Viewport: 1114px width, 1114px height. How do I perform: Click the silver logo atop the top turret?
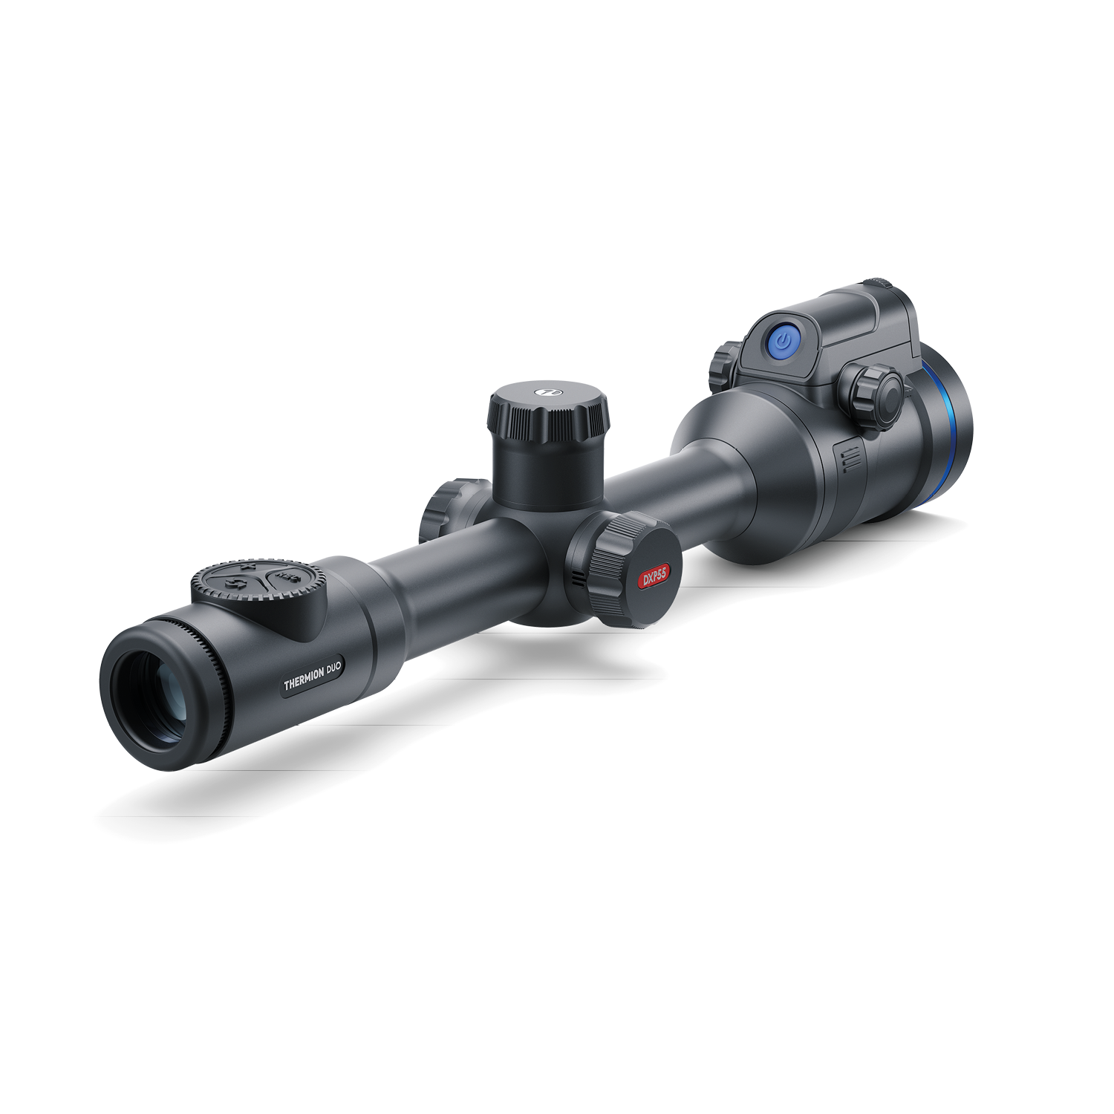(546, 388)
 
